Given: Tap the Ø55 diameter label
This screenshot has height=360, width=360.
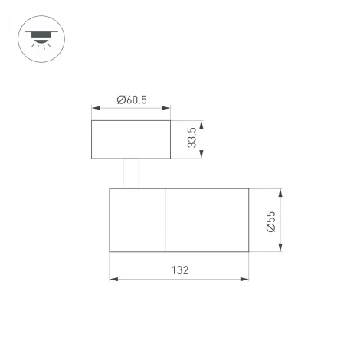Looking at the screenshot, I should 271,219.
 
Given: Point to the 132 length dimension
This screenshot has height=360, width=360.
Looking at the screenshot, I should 179,270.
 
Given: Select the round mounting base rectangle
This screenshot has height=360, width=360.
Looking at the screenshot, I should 130,139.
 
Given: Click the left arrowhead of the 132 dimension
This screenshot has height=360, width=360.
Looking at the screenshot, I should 113,279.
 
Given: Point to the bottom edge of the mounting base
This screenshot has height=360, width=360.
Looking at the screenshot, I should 130,159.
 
